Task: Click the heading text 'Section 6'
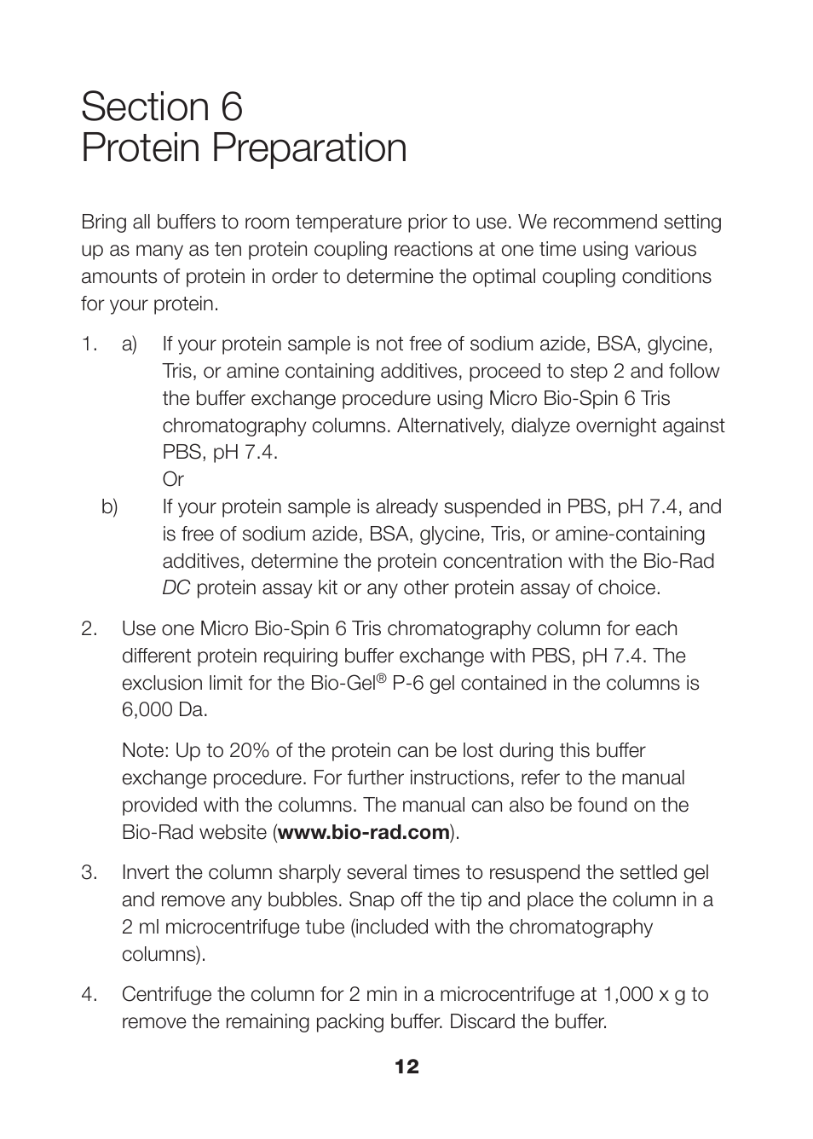tap(162, 107)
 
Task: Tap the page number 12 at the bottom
tap(406, 1067)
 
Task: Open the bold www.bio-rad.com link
tap(364, 833)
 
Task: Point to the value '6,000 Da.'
tap(164, 710)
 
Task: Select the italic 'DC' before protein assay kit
tap(176, 588)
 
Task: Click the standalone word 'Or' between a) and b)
tap(173, 480)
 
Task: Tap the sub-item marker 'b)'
tap(110, 507)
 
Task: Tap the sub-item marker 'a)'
tap(130, 344)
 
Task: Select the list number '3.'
tap(89, 873)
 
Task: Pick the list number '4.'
tap(89, 995)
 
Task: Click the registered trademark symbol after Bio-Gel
tap(383, 679)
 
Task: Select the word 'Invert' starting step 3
tap(147, 873)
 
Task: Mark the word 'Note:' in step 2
tap(146, 751)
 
